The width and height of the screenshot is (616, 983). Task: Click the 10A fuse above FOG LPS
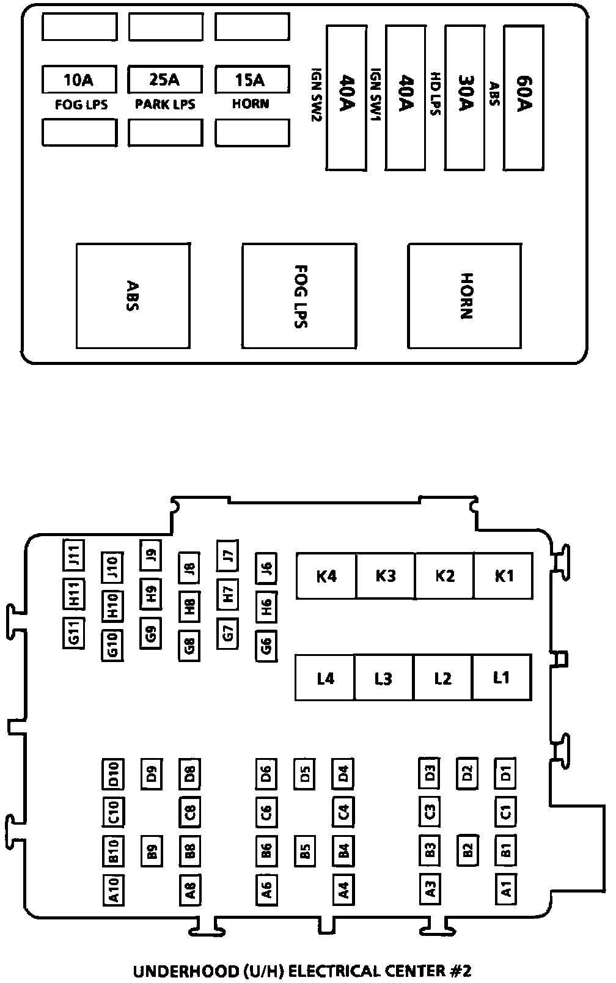tap(79, 79)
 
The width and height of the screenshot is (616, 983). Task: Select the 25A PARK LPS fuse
tap(165, 79)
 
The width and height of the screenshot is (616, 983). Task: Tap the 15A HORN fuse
tap(251, 79)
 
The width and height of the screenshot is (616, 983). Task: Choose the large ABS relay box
tap(133, 296)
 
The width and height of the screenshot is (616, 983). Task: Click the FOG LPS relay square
tap(299, 296)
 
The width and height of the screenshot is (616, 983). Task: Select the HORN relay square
tap(465, 296)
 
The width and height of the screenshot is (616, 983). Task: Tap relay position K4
tap(326, 576)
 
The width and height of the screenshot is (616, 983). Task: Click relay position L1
tap(501, 677)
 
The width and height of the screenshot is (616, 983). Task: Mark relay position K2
tap(444, 576)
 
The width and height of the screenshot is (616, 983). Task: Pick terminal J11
tap(74, 555)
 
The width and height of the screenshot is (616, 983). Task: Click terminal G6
tap(266, 646)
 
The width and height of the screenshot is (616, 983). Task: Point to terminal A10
tap(113, 889)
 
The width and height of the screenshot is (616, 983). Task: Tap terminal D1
tap(505, 774)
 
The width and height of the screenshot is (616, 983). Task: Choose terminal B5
tap(304, 851)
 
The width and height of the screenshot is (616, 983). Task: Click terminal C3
tap(430, 812)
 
